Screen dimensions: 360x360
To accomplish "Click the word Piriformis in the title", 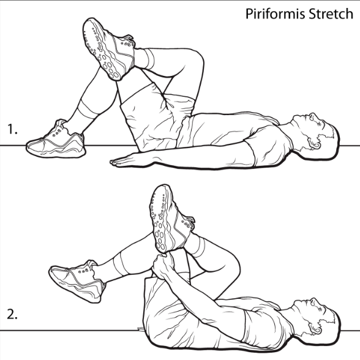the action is [276, 13].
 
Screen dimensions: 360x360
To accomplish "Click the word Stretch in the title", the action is [331, 13].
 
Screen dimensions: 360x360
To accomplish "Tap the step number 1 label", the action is [12, 129].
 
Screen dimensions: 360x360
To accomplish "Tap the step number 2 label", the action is [12, 314].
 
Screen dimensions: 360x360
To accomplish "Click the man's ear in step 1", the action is [314, 144].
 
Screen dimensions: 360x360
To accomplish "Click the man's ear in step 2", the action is [314, 329].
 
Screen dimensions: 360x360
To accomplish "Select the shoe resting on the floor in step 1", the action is [55, 140].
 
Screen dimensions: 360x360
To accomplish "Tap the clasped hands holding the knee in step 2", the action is [164, 266].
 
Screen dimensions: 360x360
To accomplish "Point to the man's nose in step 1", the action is [312, 115].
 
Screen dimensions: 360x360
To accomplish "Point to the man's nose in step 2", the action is [312, 300].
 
